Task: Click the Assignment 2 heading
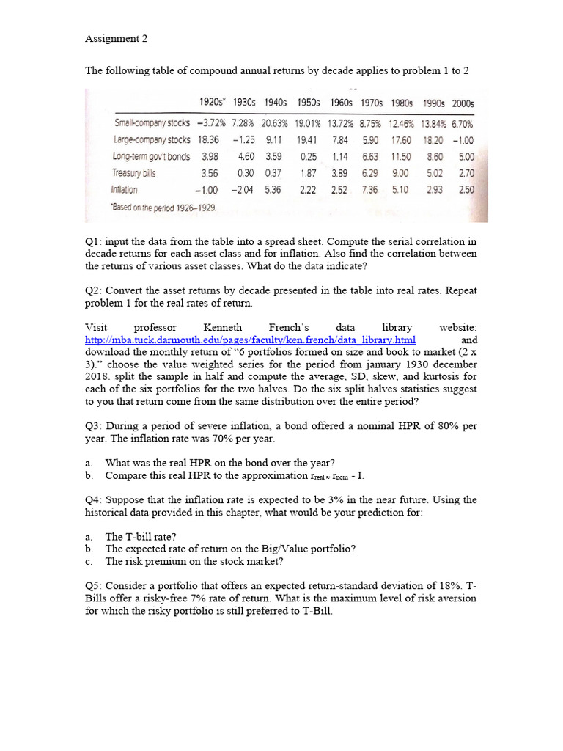(116, 39)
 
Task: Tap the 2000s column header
(463, 103)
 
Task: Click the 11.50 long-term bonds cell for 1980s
(400, 156)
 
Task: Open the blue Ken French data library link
(250, 340)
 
